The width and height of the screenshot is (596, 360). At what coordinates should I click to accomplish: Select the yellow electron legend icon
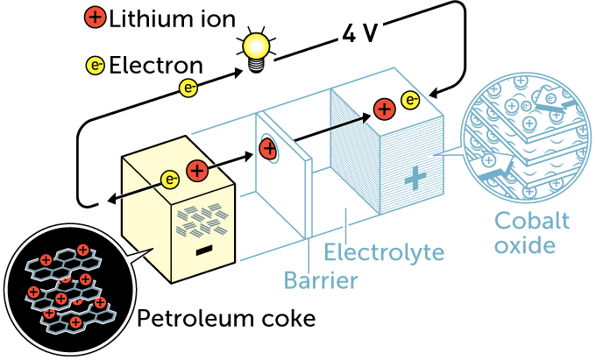point(95,65)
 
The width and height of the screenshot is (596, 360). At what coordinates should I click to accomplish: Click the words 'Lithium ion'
point(162,18)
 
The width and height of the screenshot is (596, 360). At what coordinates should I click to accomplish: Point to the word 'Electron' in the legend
point(155,65)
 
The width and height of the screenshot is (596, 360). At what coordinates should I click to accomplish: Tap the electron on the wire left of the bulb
point(188,86)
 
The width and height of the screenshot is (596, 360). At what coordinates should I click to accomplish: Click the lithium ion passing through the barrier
point(267,146)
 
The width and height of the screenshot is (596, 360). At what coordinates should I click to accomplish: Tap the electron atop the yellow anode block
point(171,180)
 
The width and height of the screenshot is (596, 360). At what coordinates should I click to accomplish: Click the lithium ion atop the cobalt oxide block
point(383,109)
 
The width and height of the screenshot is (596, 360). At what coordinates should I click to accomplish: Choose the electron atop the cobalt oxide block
point(409,101)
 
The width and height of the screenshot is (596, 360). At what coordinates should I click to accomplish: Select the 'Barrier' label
point(320,281)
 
